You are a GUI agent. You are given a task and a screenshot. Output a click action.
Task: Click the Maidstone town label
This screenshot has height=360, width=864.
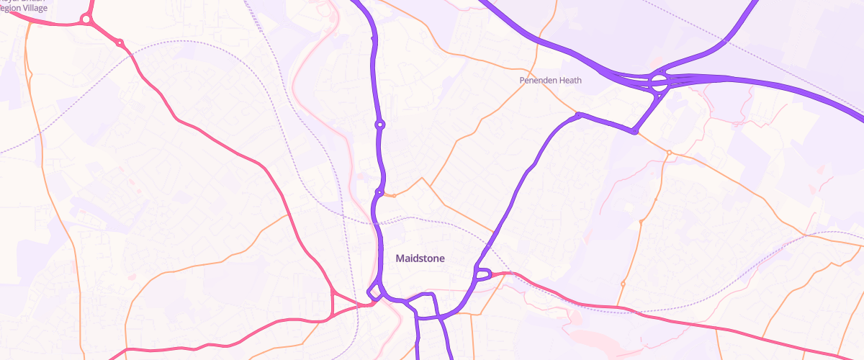pos(420,258)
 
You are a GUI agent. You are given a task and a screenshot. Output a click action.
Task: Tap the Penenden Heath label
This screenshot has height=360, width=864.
pos(550,81)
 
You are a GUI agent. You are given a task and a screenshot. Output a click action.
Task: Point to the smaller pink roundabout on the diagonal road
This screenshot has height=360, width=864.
pos(120,44)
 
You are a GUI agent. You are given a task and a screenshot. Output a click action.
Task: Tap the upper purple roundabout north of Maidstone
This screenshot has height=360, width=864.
pos(379,125)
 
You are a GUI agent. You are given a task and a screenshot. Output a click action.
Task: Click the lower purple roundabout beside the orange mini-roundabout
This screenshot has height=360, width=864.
pos(379,193)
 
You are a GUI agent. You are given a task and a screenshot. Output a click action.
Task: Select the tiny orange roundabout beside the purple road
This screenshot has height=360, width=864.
pos(393,195)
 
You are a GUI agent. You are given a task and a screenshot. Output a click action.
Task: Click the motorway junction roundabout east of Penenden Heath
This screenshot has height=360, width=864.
pos(659,81)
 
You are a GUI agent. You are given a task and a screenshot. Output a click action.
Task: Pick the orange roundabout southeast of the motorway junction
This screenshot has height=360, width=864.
pos(669,153)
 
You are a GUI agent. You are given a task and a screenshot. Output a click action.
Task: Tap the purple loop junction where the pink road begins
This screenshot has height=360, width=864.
pos(482,274)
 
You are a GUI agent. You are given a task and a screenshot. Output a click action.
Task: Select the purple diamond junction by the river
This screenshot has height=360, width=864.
pos(374,292)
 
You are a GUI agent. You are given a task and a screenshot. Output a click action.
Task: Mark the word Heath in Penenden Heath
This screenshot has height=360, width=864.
pos(568,81)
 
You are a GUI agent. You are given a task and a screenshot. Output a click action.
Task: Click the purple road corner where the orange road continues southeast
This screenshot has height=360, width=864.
pos(634,132)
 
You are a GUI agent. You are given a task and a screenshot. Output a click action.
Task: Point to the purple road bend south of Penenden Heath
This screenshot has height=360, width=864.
pos(578,114)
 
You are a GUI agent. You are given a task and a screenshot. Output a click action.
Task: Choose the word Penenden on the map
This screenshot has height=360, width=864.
pos(536,81)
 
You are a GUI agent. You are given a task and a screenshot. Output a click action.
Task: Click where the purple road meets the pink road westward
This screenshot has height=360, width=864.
pos(370,303)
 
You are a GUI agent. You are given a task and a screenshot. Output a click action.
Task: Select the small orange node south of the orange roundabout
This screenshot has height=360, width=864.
pos(640,221)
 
